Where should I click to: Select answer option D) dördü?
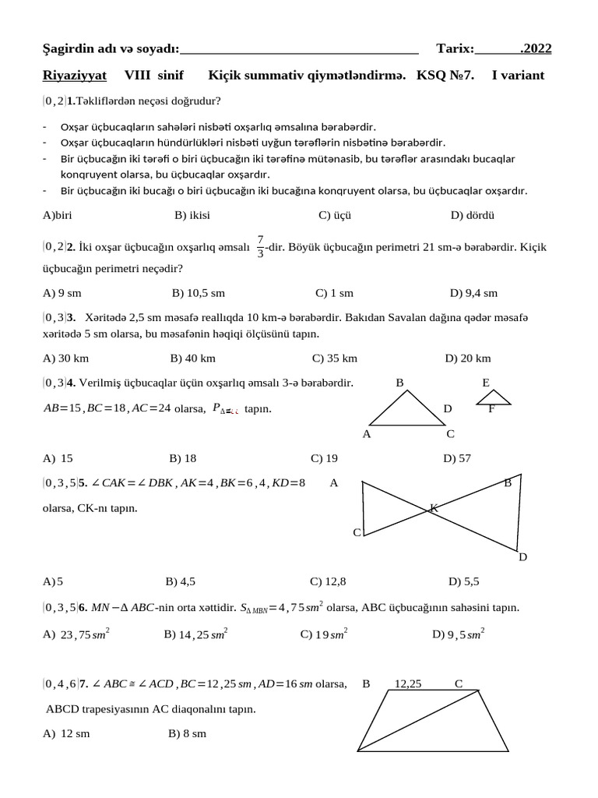473,215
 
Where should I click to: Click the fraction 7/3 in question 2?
260,247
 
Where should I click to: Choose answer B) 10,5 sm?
198,293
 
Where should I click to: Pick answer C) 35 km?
334,358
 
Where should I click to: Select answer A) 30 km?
66,358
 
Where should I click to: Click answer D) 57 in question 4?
457,458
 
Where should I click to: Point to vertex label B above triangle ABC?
400,383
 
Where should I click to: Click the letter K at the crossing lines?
434,508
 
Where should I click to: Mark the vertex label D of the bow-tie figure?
522,556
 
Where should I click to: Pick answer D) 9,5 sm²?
459,634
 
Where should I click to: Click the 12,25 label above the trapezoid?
408,684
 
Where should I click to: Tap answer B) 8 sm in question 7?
187,733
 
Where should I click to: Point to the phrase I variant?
518,76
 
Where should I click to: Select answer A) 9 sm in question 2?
62,293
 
